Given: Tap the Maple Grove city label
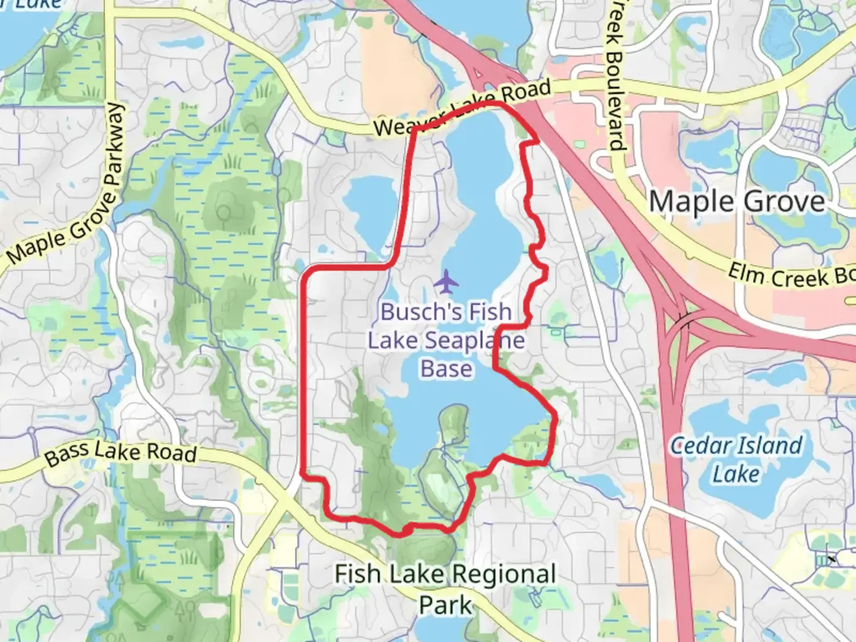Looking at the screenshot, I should pyautogui.click(x=737, y=202).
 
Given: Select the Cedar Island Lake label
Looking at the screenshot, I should pyautogui.click(x=736, y=460).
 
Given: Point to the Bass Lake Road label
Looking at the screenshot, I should pyautogui.click(x=121, y=453).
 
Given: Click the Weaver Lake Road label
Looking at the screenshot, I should pyautogui.click(x=462, y=108).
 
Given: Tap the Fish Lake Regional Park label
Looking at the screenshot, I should pyautogui.click(x=445, y=589).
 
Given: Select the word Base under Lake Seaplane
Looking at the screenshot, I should pyautogui.click(x=446, y=369).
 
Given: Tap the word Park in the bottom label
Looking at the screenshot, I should pyautogui.click(x=445, y=605).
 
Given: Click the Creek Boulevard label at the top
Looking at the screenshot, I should pyautogui.click(x=615, y=74).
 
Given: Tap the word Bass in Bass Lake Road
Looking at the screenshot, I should pyautogui.click(x=67, y=455).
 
